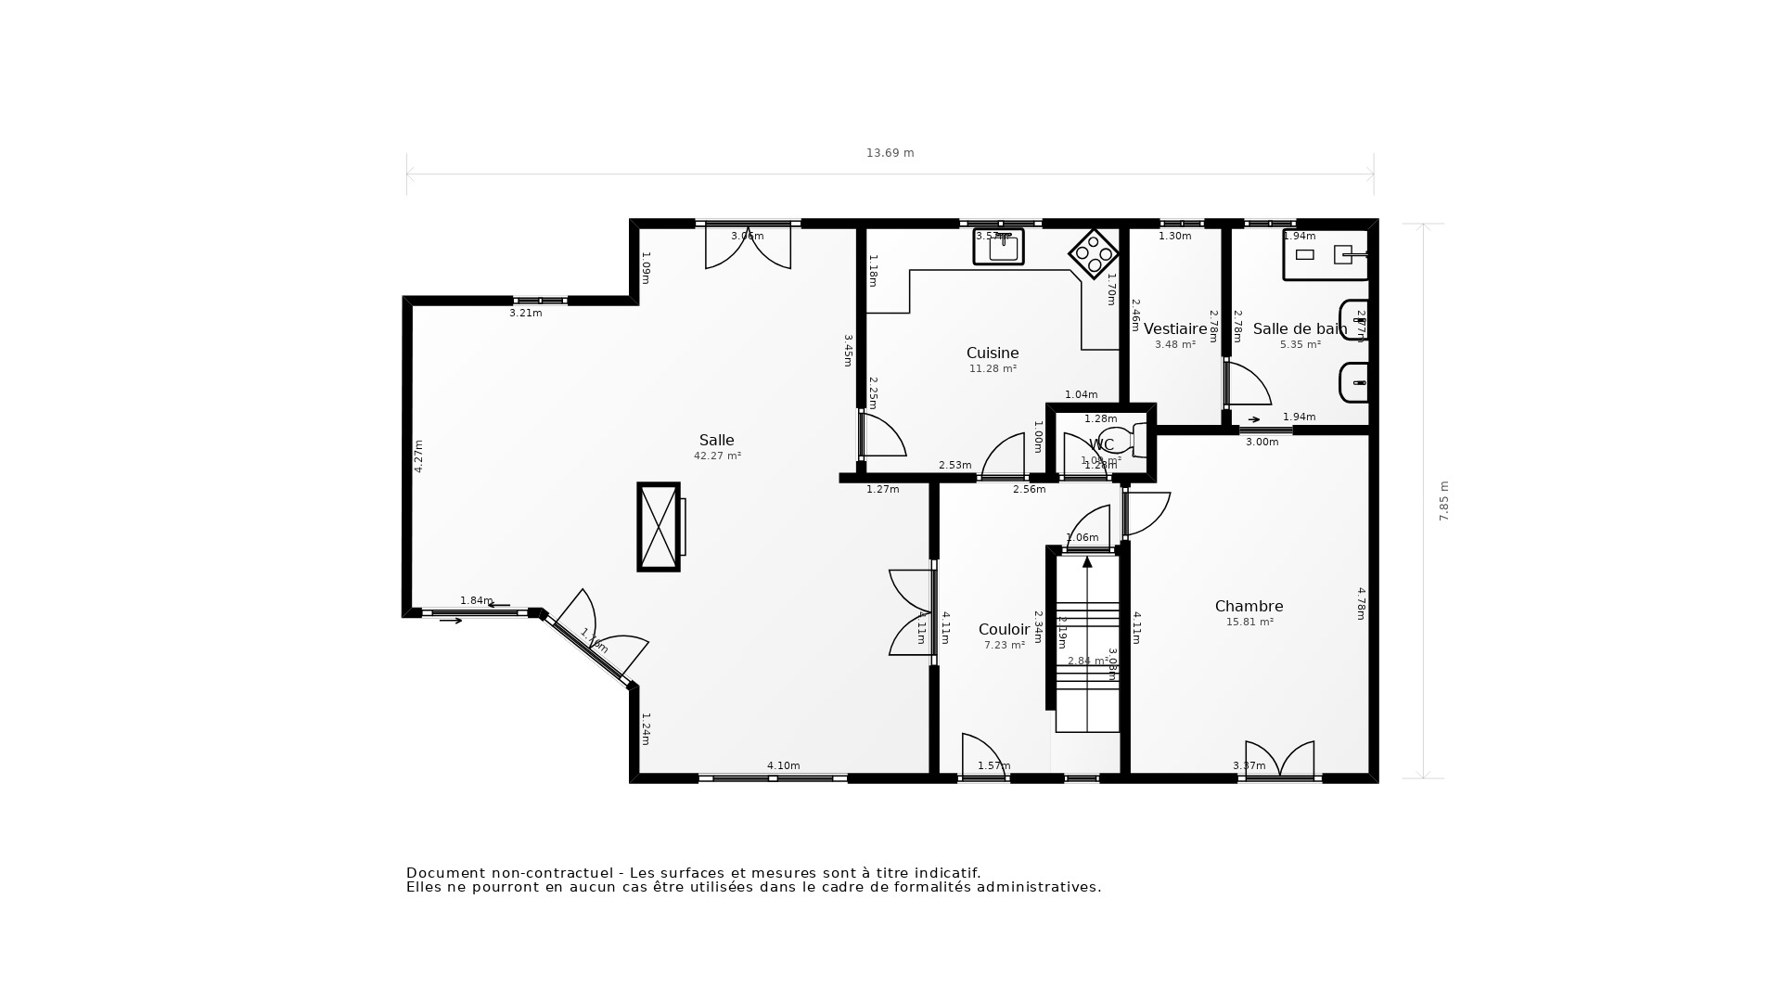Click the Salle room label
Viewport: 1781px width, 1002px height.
click(716, 441)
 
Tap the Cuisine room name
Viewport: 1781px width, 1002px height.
click(993, 353)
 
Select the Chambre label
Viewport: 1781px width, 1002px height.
click(1249, 607)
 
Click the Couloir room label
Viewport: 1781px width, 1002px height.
click(1004, 630)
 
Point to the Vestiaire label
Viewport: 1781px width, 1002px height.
click(1175, 329)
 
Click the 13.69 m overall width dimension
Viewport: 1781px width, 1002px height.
click(890, 153)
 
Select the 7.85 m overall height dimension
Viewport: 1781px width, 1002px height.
click(1443, 501)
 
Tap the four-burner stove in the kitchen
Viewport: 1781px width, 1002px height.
click(1094, 253)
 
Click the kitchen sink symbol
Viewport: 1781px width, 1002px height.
click(999, 247)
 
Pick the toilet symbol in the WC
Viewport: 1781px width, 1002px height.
click(1121, 440)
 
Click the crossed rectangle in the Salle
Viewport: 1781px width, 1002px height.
click(659, 527)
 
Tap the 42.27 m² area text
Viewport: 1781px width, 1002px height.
click(717, 456)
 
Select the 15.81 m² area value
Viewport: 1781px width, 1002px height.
click(1249, 623)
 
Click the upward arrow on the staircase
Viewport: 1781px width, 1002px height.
click(1087, 562)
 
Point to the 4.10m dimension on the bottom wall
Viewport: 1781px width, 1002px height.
click(783, 766)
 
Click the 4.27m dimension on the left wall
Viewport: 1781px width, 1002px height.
click(418, 456)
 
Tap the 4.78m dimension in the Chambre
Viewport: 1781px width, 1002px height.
click(1361, 603)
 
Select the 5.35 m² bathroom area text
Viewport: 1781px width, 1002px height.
click(1301, 345)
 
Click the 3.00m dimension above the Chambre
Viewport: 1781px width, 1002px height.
click(1262, 443)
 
